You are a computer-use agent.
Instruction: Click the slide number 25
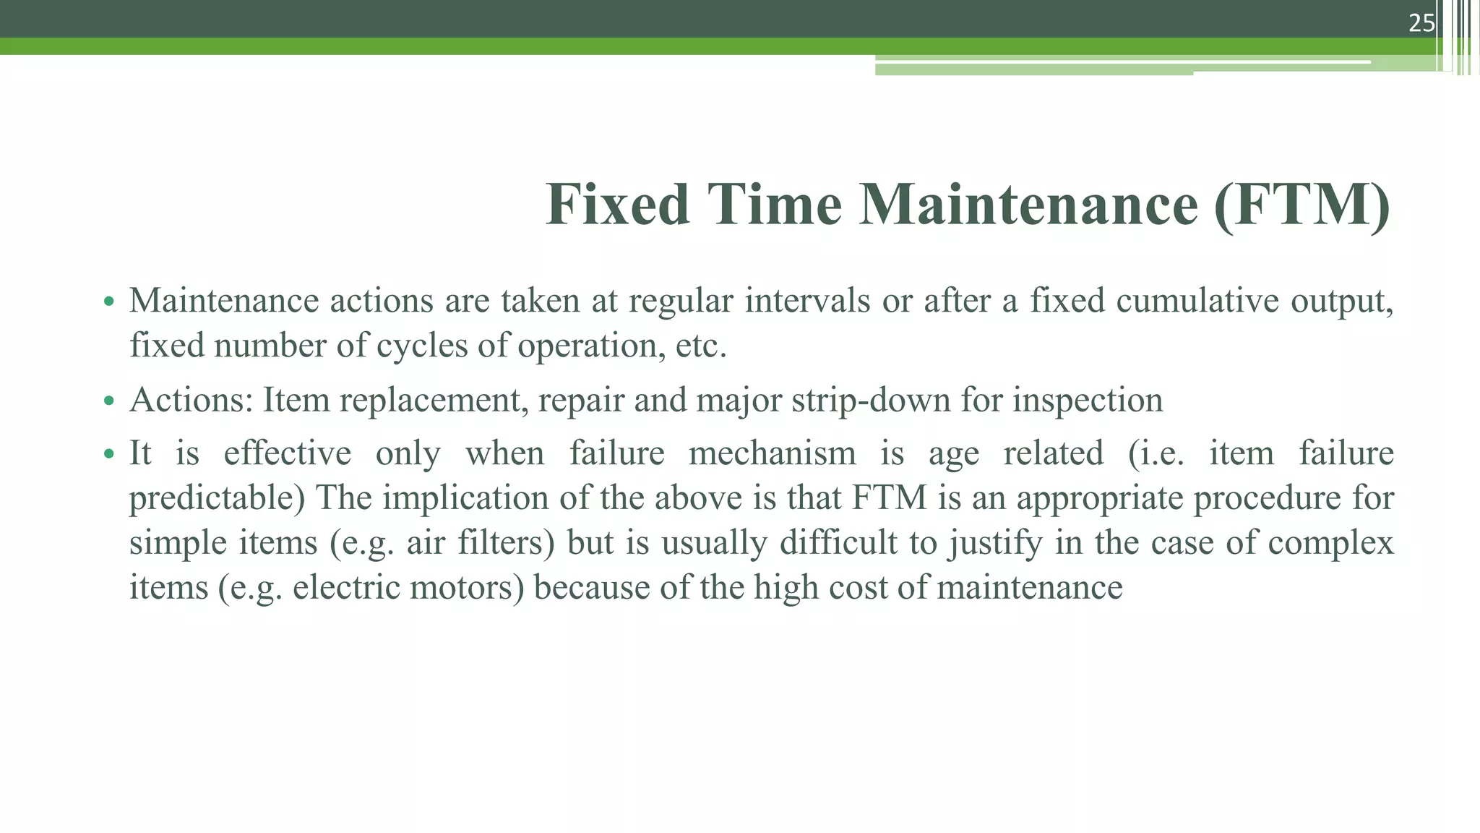1421,23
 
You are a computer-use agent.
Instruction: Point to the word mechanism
772,453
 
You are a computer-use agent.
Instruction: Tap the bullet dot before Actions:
109,401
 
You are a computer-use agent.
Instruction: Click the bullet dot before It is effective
109,455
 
